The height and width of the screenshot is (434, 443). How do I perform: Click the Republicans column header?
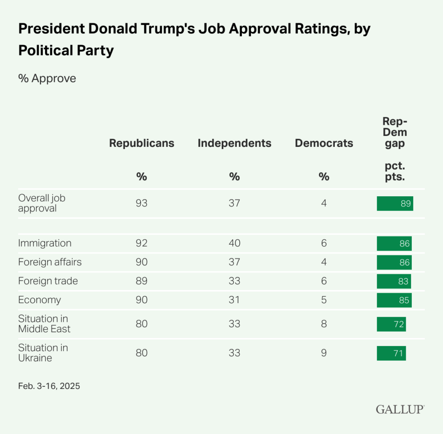tap(141, 143)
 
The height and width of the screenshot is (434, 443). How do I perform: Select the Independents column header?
tap(234, 143)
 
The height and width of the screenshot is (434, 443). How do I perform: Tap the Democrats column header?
tap(324, 143)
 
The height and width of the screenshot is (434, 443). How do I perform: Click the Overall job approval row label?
tap(42, 203)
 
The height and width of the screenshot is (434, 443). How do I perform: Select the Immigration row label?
tap(45, 243)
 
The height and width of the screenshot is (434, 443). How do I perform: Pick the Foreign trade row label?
tap(48, 281)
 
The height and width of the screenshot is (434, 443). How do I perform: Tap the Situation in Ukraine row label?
tap(43, 353)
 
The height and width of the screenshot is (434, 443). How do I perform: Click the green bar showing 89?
tap(395, 204)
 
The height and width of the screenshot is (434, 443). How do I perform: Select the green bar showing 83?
tap(394, 281)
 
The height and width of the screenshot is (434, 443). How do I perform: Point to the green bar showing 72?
tap(391, 324)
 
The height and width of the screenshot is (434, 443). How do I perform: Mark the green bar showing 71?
tap(391, 353)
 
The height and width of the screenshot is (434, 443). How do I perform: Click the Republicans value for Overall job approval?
tap(141, 203)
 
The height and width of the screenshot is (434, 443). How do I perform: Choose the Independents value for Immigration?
tap(234, 243)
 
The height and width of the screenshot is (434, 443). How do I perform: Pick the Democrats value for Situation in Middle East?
tap(324, 324)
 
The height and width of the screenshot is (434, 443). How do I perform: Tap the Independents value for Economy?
tap(234, 300)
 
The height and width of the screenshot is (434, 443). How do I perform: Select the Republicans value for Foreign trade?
tap(141, 281)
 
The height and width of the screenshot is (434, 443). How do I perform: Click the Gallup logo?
tap(400, 409)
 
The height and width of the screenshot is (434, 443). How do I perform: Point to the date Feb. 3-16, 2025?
tap(49, 386)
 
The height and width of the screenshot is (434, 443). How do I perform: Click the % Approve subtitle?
tap(47, 78)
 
